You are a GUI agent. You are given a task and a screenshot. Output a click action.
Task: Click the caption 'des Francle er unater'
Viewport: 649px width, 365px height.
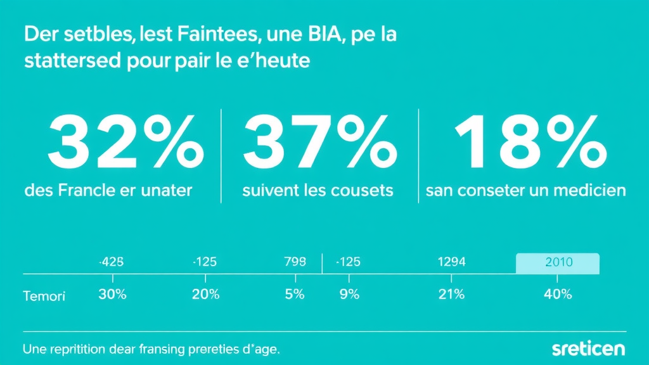tap(108, 190)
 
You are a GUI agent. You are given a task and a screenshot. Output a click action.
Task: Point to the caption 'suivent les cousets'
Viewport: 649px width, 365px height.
tap(318, 190)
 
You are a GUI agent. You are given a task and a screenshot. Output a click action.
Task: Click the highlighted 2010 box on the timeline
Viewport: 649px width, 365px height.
tap(558, 262)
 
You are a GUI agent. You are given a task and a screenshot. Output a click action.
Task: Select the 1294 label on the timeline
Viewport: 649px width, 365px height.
tap(452, 262)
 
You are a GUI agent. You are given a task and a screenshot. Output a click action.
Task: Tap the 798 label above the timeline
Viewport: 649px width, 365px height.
tap(295, 262)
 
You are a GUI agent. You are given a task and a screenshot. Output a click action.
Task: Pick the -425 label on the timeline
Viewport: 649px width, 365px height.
tap(112, 262)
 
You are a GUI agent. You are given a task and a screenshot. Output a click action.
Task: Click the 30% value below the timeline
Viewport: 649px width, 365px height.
tap(112, 295)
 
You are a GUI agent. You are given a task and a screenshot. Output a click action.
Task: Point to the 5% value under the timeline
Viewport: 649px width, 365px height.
tap(295, 295)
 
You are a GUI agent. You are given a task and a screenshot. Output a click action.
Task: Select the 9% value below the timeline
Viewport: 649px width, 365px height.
tap(349, 295)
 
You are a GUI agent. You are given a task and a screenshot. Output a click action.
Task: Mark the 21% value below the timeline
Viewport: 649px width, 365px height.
tap(451, 295)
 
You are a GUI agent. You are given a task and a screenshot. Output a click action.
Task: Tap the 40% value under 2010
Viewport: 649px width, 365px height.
tap(558, 295)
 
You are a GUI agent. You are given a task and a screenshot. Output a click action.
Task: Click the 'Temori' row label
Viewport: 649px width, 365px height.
tap(44, 296)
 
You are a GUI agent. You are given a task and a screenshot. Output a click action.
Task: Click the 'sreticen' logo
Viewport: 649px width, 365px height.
tap(588, 349)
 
